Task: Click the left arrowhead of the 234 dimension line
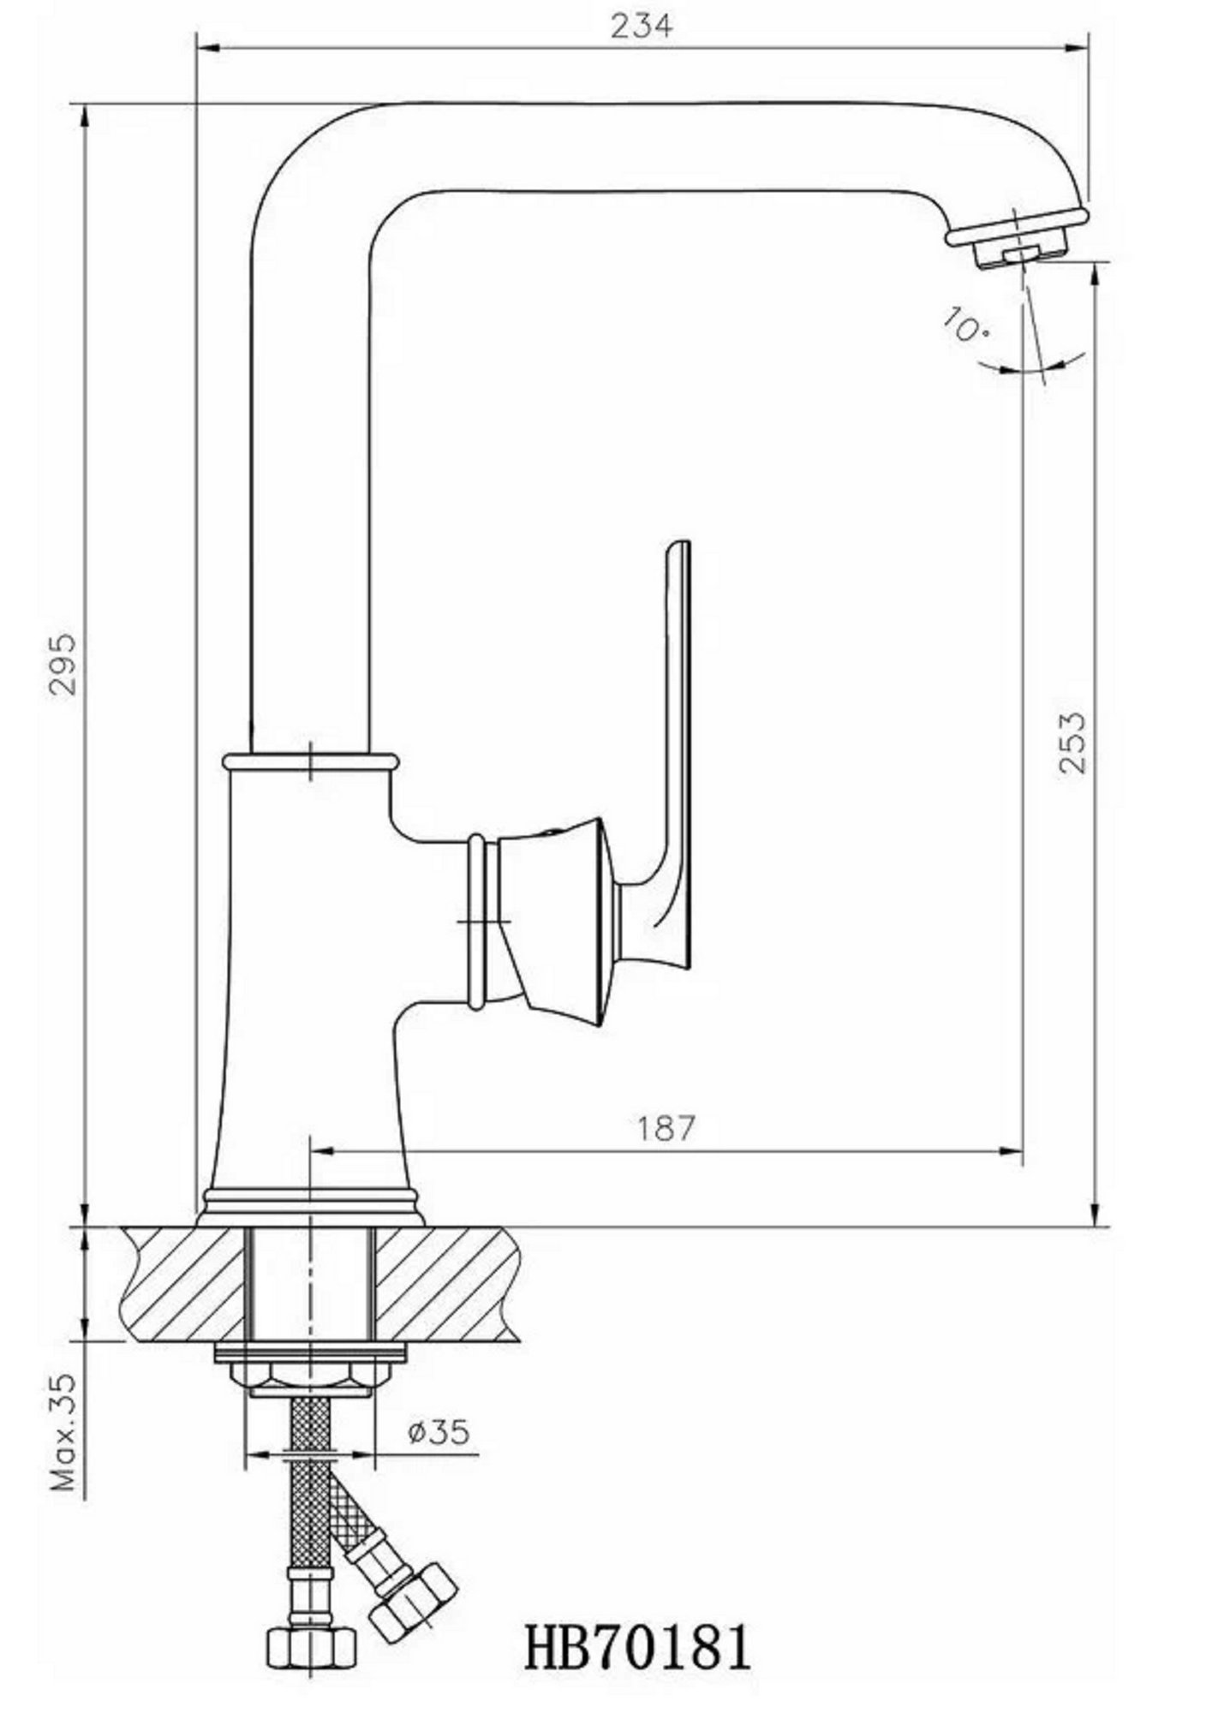[209, 48]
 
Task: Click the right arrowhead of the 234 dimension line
[1075, 48]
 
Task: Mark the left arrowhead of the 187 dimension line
[320, 1150]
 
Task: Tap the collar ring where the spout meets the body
[310, 760]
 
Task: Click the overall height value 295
[63, 665]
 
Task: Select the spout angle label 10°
[964, 325]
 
